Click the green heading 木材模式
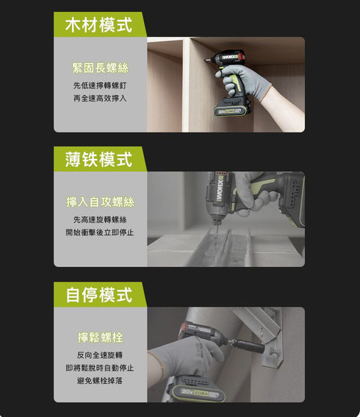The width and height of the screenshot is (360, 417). click(x=99, y=24)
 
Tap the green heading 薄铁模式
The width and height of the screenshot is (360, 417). click(x=99, y=159)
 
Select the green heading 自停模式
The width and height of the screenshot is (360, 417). click(x=99, y=294)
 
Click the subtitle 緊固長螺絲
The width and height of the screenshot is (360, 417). click(x=100, y=68)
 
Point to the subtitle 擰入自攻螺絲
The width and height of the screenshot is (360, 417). click(x=100, y=202)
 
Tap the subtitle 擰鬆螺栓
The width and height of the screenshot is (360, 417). click(x=100, y=337)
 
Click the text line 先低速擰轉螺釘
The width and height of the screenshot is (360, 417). click(x=100, y=85)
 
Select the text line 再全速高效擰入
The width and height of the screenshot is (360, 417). click(x=100, y=98)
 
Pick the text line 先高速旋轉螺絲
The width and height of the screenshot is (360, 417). click(x=100, y=219)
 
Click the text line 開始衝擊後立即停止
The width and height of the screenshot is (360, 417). click(x=100, y=232)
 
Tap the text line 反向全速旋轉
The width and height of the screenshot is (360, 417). click(x=100, y=354)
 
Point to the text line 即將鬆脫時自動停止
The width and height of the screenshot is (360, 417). click(x=100, y=367)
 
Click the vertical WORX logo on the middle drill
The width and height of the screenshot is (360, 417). click(x=218, y=193)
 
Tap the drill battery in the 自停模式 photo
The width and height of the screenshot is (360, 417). click(x=197, y=390)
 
